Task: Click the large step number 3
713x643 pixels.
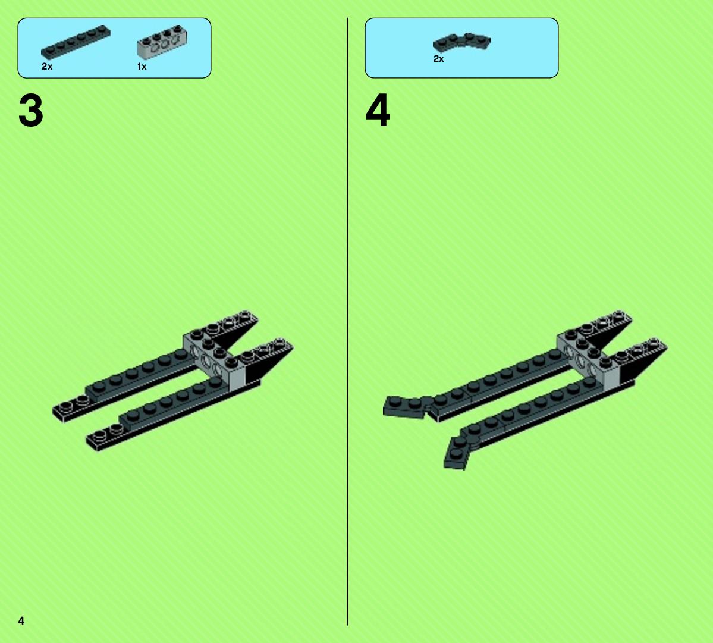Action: point(31,111)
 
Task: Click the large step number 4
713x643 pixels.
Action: point(378,111)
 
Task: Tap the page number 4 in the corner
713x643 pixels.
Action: point(21,621)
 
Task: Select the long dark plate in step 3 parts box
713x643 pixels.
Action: point(76,42)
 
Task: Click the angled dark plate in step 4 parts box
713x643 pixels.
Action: point(461,42)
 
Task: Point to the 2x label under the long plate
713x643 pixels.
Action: point(47,67)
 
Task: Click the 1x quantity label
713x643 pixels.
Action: point(142,67)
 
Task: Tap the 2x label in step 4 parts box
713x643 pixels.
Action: point(438,59)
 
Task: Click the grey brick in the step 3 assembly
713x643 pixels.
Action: point(213,359)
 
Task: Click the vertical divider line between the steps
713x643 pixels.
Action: point(348,321)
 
